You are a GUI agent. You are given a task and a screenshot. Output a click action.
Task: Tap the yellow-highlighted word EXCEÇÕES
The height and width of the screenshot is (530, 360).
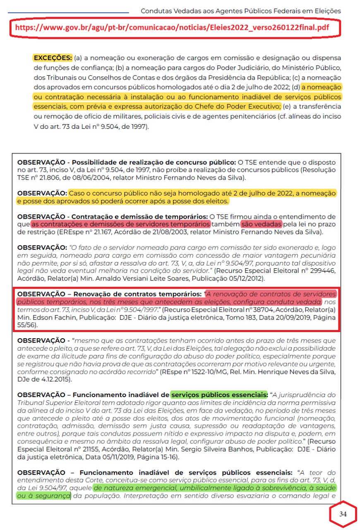coord(53,58)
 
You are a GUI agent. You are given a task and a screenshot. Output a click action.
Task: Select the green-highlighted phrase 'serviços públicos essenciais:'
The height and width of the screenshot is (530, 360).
coord(219,394)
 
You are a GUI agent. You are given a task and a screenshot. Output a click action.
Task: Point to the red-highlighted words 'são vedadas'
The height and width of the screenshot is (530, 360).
coord(262,224)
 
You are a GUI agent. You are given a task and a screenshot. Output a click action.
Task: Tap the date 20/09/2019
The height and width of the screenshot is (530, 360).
coord(278,317)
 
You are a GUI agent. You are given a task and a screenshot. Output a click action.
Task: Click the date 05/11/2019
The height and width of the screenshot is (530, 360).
coord(122,457)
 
